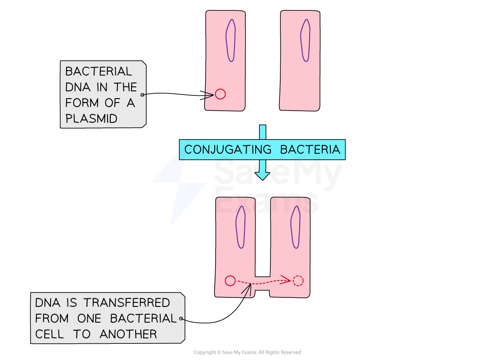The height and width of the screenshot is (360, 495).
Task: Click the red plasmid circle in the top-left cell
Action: pyautogui.click(x=220, y=94)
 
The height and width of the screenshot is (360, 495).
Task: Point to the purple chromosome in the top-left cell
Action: pyautogui.click(x=230, y=40)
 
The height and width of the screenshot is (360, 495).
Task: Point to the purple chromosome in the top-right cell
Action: pyautogui.click(x=305, y=40)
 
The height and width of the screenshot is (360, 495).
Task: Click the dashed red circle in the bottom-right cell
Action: pyautogui.click(x=298, y=281)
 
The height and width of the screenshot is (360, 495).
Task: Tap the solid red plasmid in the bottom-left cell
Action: pyautogui.click(x=230, y=281)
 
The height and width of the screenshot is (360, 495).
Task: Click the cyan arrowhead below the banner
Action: pyautogui.click(x=262, y=175)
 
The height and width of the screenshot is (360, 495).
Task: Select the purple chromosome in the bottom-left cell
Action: pyautogui.click(x=241, y=227)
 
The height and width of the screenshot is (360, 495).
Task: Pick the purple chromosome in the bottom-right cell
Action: pyautogui.click(x=295, y=227)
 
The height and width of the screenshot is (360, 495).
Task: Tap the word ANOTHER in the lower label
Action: pyautogui.click(x=128, y=334)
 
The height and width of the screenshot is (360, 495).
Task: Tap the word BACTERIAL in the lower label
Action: pyautogui.click(x=143, y=318)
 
